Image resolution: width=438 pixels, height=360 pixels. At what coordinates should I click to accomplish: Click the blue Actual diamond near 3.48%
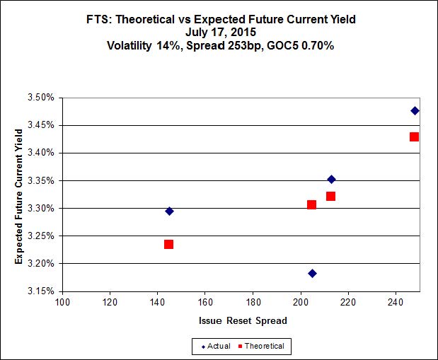(415, 110)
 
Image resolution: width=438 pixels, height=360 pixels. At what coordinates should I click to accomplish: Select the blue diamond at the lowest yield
(312, 273)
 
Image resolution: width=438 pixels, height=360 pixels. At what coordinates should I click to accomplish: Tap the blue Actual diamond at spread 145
(169, 211)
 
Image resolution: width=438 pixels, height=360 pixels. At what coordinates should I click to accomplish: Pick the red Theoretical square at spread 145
(168, 244)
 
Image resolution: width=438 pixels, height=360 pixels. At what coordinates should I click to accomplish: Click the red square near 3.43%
(414, 137)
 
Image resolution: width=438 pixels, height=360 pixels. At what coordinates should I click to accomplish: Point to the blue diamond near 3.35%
(331, 179)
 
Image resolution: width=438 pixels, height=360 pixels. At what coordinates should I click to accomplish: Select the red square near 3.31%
(311, 204)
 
